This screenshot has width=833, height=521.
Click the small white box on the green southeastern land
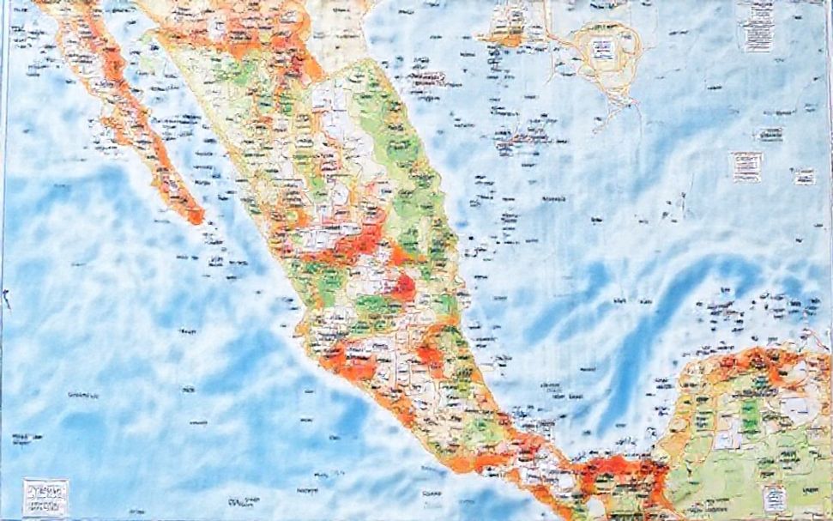pos(776,497)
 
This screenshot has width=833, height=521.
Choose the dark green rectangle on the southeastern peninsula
pos(751,420)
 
